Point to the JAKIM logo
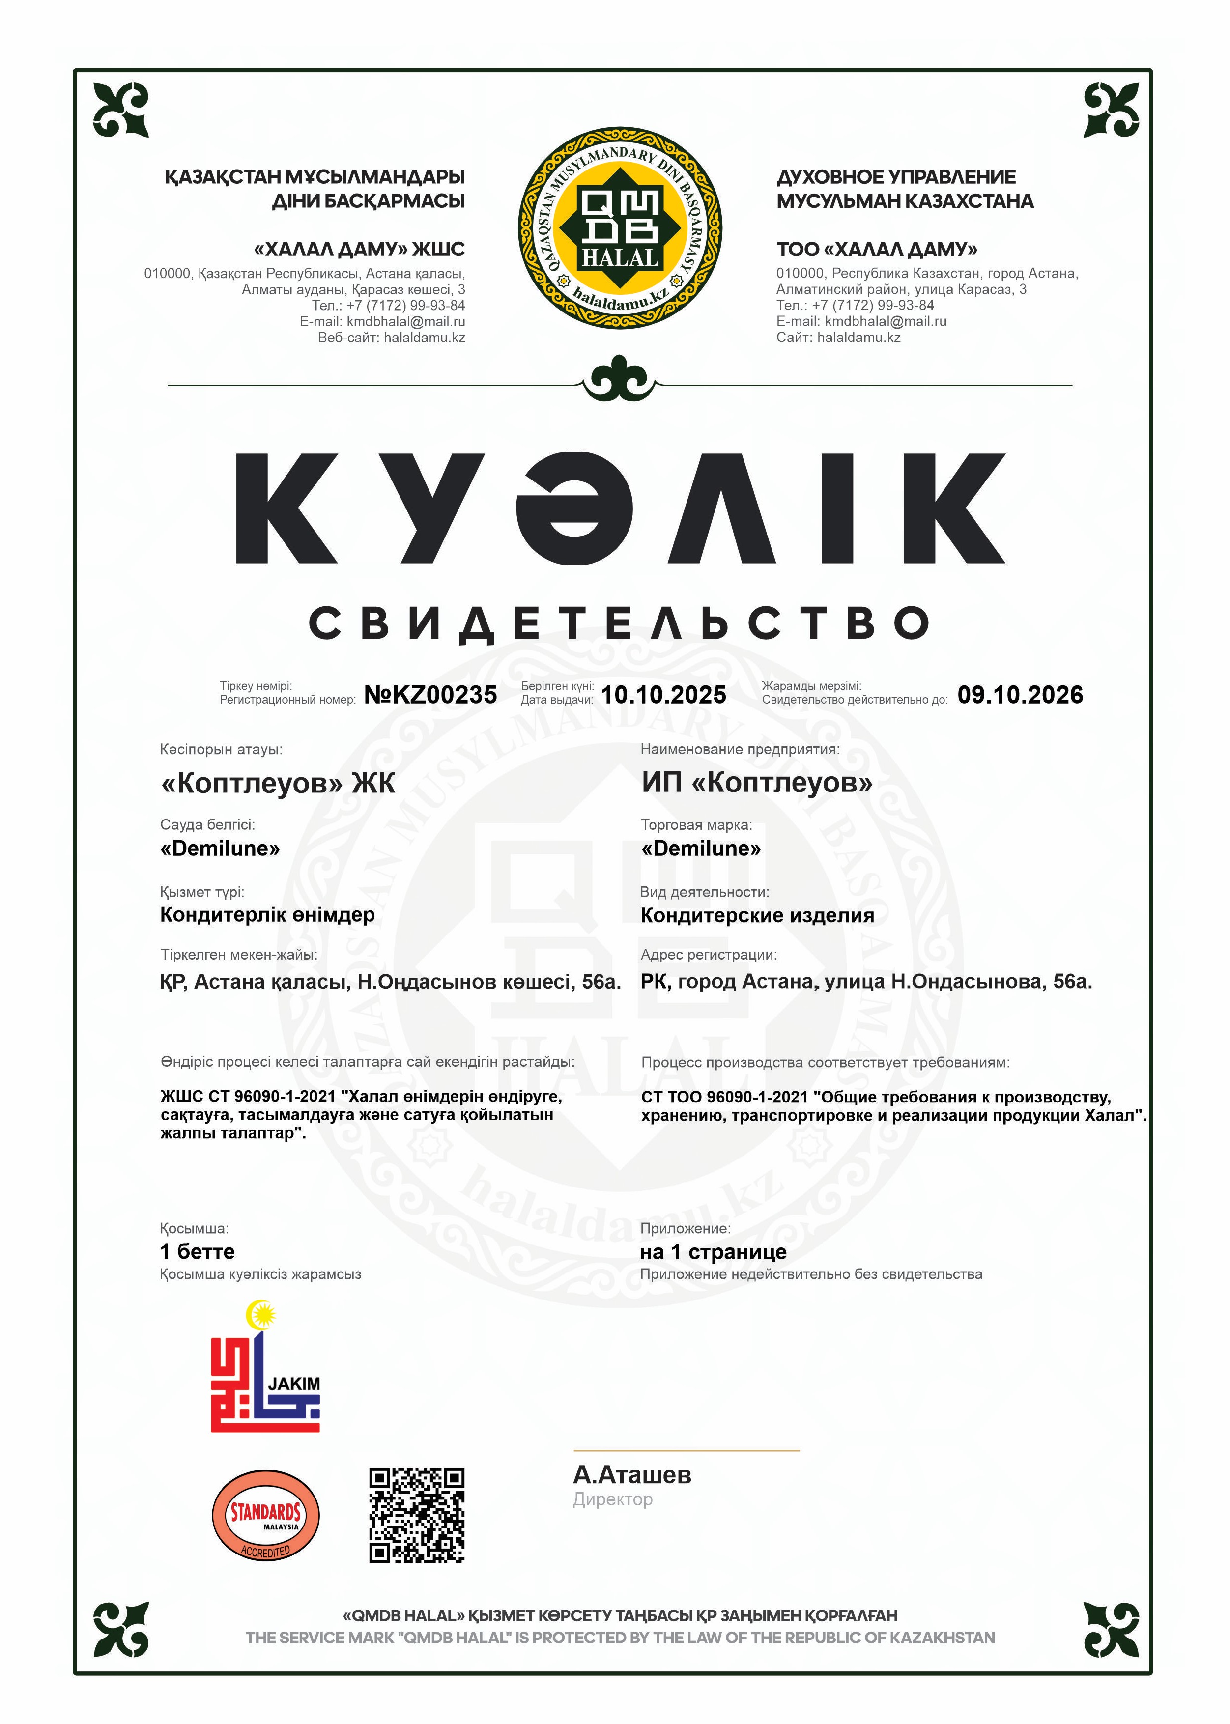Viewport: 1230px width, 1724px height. point(265,1367)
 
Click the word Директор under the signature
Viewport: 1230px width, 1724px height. point(612,1499)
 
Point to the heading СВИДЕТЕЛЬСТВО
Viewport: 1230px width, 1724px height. point(620,623)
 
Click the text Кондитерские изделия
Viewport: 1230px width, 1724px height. point(757,915)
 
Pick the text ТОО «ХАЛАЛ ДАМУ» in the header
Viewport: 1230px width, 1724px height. point(876,249)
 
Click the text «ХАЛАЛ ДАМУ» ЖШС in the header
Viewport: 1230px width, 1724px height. point(359,249)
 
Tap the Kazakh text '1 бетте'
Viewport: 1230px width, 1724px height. point(197,1251)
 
